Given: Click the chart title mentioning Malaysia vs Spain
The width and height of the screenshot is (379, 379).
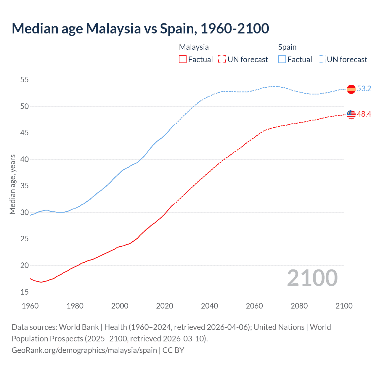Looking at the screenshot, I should point(140,28).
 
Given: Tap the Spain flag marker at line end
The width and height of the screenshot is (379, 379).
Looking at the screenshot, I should point(351,89).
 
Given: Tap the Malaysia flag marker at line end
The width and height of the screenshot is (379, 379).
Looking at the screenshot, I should point(351,114).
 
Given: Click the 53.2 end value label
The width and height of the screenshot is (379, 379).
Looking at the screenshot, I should point(364,89).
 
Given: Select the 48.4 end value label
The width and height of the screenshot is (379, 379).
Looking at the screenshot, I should point(364,114).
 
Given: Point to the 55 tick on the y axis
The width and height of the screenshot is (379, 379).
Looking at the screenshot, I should point(25,80).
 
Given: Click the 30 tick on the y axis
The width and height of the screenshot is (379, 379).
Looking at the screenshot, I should point(25,212).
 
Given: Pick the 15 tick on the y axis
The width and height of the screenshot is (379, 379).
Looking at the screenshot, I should point(25,292).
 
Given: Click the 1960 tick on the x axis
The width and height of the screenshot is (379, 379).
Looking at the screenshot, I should point(30,306).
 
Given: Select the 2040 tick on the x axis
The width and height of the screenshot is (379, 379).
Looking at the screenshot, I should point(209,306).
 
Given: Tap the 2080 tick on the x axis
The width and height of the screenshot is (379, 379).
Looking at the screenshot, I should point(299,306).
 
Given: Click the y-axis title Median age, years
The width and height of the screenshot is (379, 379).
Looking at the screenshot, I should point(12,184).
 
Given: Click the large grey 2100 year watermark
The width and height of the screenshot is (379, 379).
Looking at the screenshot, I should point(312,278).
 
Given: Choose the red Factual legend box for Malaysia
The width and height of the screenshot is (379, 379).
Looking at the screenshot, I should point(183,60).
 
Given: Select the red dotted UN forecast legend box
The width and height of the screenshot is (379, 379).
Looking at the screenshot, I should point(222,60).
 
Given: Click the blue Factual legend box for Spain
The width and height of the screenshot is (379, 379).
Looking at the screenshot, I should point(282,60).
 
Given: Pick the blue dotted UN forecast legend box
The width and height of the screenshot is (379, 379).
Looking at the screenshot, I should point(322,60).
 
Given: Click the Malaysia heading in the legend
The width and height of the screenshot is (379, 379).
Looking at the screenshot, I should point(194,47).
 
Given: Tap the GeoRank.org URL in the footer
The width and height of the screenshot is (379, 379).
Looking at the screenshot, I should point(84,350).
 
